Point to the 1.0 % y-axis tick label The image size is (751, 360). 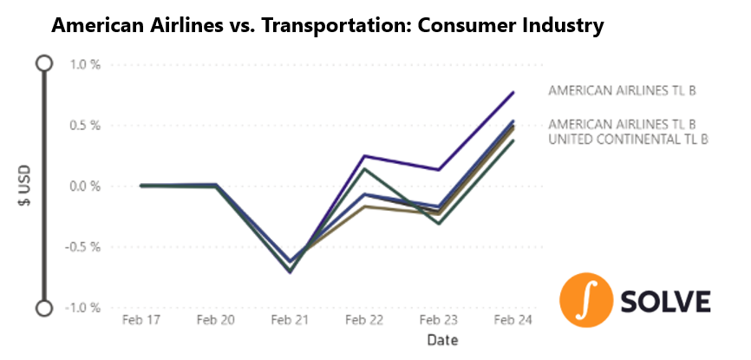tap(84, 64)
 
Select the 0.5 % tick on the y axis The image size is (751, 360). tap(84, 125)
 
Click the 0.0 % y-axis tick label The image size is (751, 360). tap(84, 186)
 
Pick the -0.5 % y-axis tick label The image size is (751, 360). tap(82, 246)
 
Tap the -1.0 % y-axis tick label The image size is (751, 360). tap(82, 307)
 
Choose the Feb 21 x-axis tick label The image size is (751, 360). tap(288, 319)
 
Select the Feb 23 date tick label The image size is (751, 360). tap(437, 319)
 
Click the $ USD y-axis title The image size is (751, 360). tap(25, 187)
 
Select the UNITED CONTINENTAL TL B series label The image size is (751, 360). tap(629, 139)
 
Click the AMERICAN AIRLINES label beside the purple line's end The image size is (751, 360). tap(623, 90)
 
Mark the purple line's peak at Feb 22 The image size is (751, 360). tap(363, 156)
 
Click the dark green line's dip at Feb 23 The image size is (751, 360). tap(438, 224)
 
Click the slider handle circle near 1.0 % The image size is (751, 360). tap(44, 63)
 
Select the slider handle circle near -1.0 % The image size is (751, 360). tap(44, 308)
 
